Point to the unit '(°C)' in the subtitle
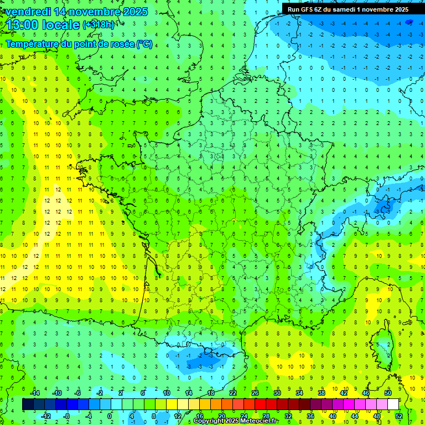[144, 44]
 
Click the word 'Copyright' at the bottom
[212, 421]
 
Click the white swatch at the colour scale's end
[393, 405]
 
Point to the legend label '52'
[399, 416]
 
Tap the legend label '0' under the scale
[110, 416]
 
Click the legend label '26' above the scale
[255, 393]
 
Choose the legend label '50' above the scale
[387, 393]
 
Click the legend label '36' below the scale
[310, 416]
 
